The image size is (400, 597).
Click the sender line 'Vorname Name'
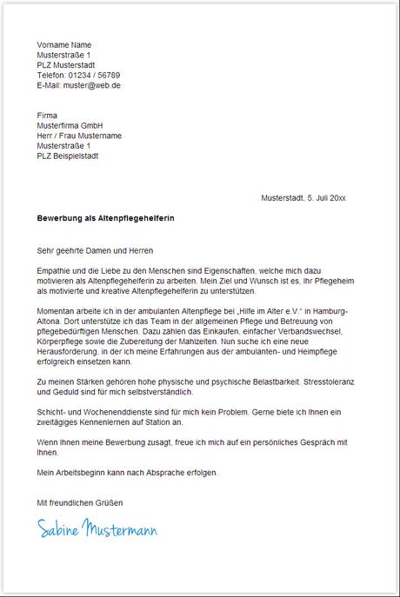[x=63, y=44]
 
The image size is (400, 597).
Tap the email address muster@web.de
[x=90, y=86]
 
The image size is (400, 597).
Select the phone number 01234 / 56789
[x=95, y=76]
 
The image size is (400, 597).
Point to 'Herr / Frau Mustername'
[x=79, y=136]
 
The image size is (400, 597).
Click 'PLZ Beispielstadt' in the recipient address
[x=68, y=156]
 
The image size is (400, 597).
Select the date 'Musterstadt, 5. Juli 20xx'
[x=303, y=198]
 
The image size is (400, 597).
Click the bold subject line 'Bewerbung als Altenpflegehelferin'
[x=105, y=219]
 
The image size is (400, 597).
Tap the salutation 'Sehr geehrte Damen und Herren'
[x=95, y=250]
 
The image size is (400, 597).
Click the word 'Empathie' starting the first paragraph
[x=54, y=271]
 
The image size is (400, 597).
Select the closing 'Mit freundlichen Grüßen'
[x=80, y=503]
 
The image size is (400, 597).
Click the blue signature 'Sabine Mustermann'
[x=97, y=527]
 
